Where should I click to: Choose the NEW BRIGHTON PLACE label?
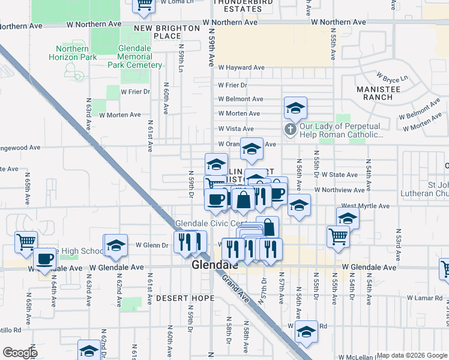(167, 32)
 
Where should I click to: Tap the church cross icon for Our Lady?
(291, 130)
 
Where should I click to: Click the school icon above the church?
(295, 109)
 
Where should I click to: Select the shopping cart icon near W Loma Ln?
(144, 5)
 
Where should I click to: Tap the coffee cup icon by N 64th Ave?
(44, 259)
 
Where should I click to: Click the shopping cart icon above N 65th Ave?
(26, 242)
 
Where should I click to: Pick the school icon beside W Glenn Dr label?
(116, 245)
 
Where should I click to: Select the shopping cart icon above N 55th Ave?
(338, 236)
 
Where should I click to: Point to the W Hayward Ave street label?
(241, 68)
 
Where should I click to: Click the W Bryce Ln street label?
(391, 79)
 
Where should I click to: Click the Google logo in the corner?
(20, 353)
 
